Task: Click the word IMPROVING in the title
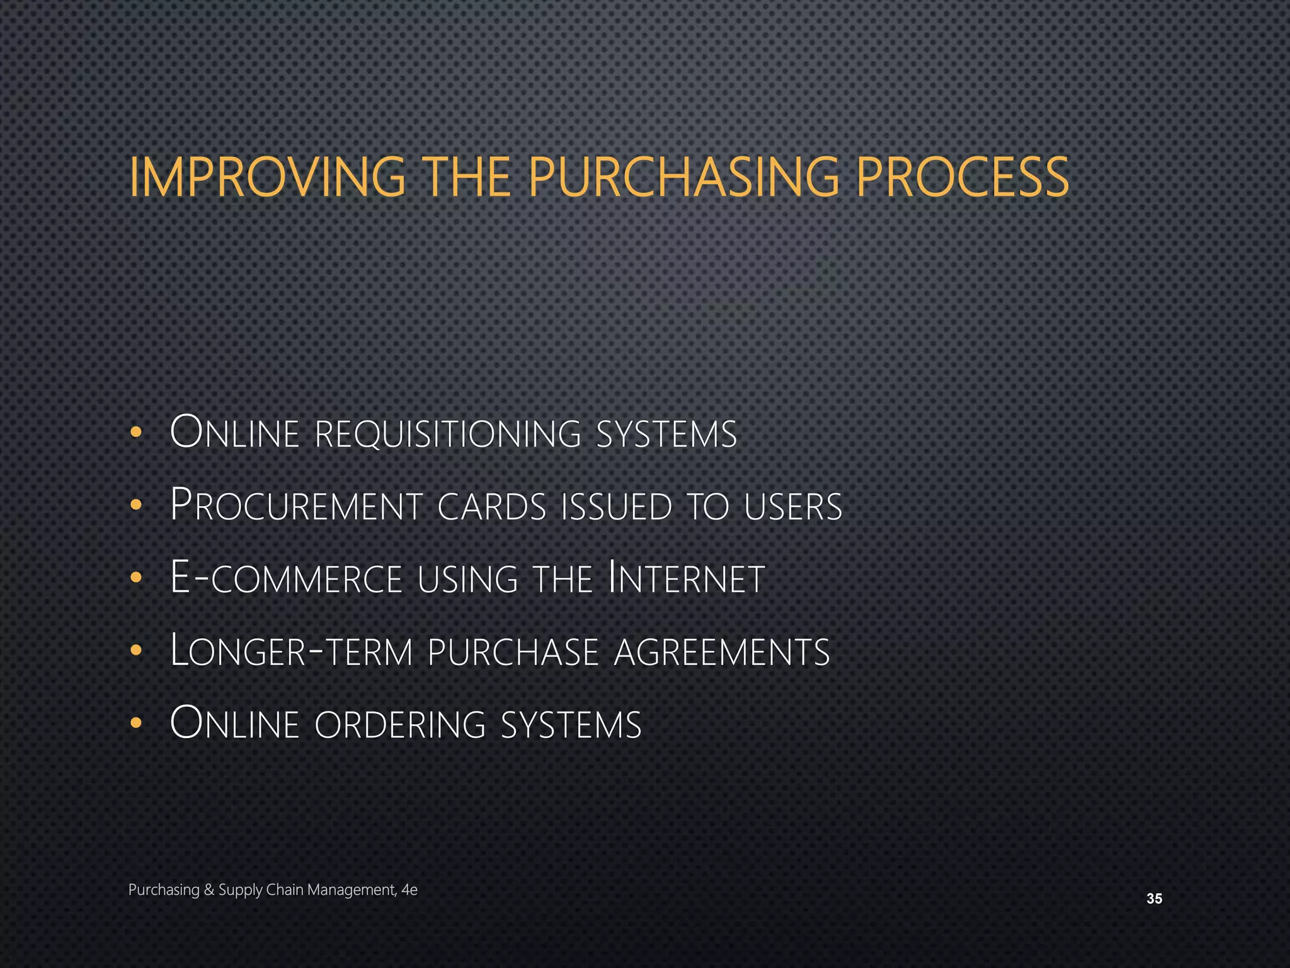click(267, 177)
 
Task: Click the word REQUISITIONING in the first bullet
click(447, 434)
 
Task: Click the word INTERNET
click(687, 578)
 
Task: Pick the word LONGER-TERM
click(292, 651)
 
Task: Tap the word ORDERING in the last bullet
click(400, 724)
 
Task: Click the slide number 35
click(1154, 899)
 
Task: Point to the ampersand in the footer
click(210, 890)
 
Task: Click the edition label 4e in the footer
click(409, 890)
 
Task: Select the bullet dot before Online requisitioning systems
click(135, 433)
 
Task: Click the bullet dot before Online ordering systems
click(135, 723)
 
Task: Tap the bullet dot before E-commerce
click(135, 578)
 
